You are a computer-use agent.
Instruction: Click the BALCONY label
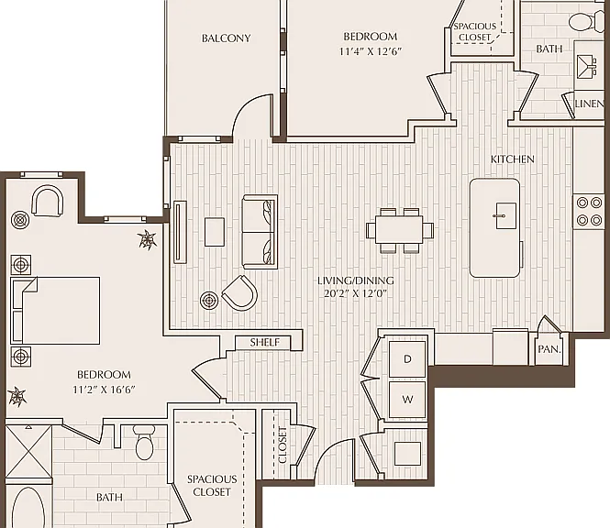(x=226, y=38)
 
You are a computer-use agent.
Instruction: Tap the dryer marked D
(x=407, y=358)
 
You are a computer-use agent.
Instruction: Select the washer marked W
(x=407, y=400)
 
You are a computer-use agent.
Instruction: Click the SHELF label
(x=264, y=342)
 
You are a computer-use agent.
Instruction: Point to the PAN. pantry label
(x=549, y=349)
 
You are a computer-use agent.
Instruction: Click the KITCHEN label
(x=513, y=159)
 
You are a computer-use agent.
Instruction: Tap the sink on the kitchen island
(x=506, y=215)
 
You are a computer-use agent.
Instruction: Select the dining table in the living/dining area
(x=400, y=230)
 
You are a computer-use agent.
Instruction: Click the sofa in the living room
(x=260, y=232)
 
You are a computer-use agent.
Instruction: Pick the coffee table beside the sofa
(x=215, y=232)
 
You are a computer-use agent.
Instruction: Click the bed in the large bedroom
(x=55, y=311)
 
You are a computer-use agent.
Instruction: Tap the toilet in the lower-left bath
(x=144, y=443)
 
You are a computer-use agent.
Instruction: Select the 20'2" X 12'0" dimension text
(x=356, y=293)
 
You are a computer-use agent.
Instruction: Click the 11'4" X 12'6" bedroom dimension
(x=370, y=51)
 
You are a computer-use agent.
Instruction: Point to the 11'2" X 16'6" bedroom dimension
(x=104, y=390)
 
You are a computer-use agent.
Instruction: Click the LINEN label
(x=590, y=104)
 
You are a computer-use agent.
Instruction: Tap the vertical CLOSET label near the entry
(x=283, y=445)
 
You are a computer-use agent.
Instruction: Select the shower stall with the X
(x=28, y=452)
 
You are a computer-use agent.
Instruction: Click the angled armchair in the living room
(x=240, y=292)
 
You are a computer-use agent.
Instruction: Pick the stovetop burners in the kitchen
(x=589, y=212)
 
